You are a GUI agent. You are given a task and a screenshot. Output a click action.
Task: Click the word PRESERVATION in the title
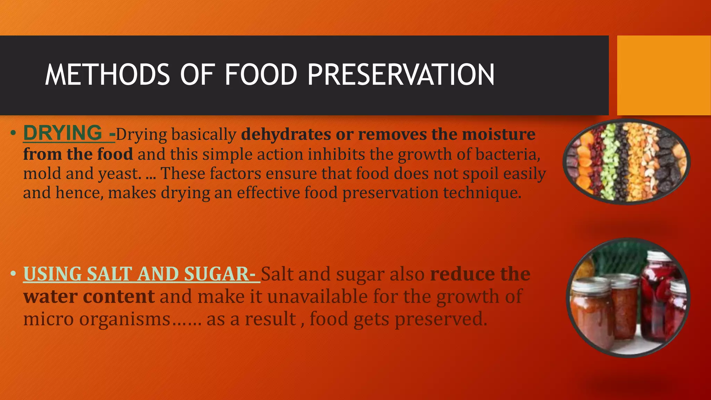coord(401,75)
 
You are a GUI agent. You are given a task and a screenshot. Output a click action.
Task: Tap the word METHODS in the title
coord(108,75)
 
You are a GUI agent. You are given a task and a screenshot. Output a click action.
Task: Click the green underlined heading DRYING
coord(63,133)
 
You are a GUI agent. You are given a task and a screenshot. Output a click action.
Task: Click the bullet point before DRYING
coord(13,133)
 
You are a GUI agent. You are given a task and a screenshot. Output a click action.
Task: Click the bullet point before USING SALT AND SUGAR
coord(13,274)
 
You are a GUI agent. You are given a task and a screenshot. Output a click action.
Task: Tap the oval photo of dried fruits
coord(626,161)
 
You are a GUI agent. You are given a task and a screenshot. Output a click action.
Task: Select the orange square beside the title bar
coord(664,75)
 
